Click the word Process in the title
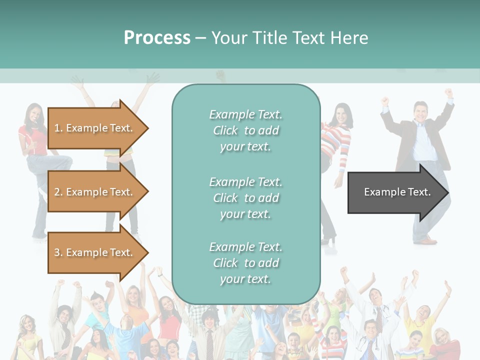157,38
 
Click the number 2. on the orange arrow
58,192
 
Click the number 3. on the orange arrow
58,252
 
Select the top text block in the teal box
245,130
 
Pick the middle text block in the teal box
245,198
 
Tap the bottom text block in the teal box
245,263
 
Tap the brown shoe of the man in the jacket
427,241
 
